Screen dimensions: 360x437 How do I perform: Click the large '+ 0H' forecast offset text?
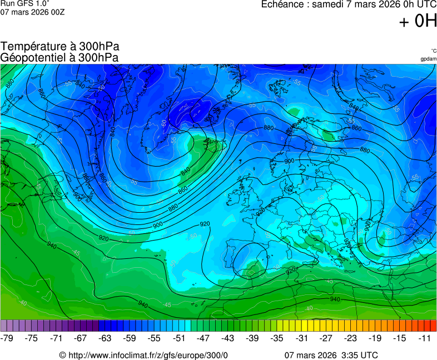click(x=418, y=21)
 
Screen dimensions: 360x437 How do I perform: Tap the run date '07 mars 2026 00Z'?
click(x=32, y=12)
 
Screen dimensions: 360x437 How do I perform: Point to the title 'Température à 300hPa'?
click(x=59, y=47)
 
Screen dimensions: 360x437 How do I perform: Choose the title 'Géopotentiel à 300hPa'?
click(x=59, y=57)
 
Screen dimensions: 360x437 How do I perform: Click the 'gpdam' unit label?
click(x=428, y=59)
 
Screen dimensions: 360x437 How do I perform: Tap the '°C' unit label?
click(x=433, y=51)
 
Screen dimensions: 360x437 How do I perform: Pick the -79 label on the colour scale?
click(x=7, y=338)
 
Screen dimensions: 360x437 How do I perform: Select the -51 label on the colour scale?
click(x=178, y=338)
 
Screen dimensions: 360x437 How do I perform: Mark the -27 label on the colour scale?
click(x=325, y=338)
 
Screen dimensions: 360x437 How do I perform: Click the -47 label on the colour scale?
click(x=203, y=338)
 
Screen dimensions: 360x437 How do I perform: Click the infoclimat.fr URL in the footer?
click(x=148, y=355)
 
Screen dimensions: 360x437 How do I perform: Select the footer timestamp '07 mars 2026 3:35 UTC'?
click(x=332, y=355)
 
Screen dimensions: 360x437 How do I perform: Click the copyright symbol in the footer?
click(x=63, y=355)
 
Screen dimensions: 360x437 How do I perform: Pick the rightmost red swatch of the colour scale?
click(x=433, y=326)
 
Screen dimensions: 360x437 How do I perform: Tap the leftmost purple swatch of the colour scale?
click(x=4, y=326)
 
